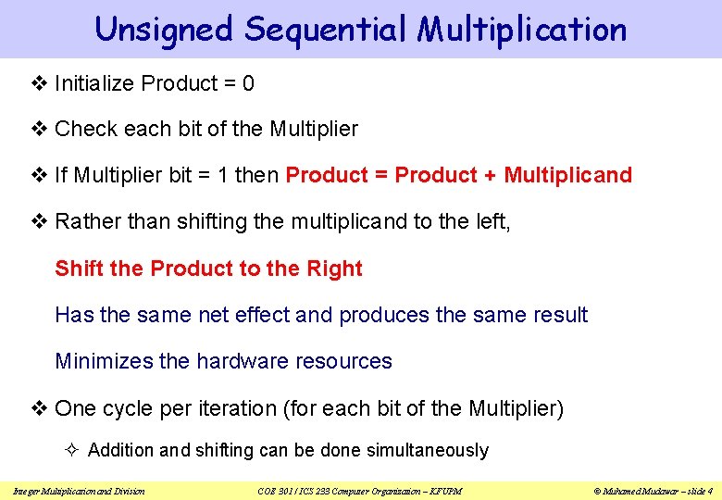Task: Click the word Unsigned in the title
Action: (x=163, y=30)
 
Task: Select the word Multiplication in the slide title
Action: (x=521, y=30)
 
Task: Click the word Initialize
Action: (x=94, y=84)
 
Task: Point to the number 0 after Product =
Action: (x=247, y=84)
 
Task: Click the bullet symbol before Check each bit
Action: (x=40, y=130)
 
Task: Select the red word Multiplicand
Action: (x=567, y=175)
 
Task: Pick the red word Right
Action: (x=334, y=269)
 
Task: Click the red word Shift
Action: (x=79, y=269)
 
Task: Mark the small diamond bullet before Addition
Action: (x=76, y=450)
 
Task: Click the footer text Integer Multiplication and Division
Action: (x=78, y=490)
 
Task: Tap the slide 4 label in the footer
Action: (x=697, y=490)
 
